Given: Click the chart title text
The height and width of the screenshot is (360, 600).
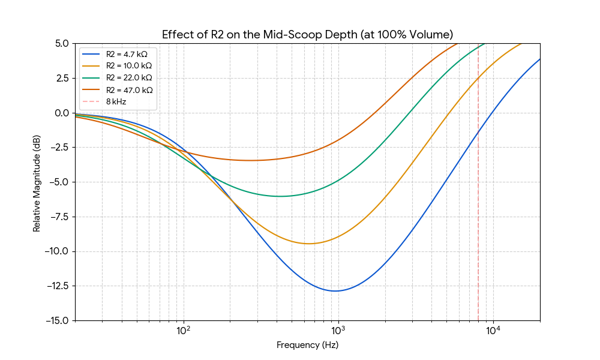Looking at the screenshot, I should click(307, 34).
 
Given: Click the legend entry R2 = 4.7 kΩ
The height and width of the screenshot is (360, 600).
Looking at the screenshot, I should click(126, 54).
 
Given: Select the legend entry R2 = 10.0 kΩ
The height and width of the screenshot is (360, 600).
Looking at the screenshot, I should click(127, 66).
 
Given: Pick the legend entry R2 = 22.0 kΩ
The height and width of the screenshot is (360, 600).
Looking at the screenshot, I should click(128, 78).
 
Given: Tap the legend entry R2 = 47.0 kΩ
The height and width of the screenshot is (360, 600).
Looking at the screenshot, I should click(128, 90).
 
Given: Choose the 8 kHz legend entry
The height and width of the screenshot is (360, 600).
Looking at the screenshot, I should click(115, 102).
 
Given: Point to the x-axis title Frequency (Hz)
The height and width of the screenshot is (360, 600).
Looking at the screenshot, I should click(307, 345).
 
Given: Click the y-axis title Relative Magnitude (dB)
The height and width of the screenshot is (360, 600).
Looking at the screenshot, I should click(37, 182).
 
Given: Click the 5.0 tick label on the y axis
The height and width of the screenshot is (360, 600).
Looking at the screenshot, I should click(62, 43).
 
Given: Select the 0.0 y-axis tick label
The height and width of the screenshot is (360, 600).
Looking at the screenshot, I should click(62, 113).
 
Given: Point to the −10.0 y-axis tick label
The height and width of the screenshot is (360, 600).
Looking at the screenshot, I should click(57, 251).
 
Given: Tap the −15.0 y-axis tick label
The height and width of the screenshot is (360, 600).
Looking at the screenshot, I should click(57, 320).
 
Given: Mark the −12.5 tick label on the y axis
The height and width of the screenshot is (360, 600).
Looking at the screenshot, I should click(57, 286).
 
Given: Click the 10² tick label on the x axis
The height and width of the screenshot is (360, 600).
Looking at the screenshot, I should click(184, 331).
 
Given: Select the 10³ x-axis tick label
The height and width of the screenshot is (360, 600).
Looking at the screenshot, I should click(338, 331).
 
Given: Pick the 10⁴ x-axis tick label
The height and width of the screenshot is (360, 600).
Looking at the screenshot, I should click(493, 331).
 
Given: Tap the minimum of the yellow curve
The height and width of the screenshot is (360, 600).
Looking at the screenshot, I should click(308, 244).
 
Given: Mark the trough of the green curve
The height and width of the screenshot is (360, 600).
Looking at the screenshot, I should click(280, 196).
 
